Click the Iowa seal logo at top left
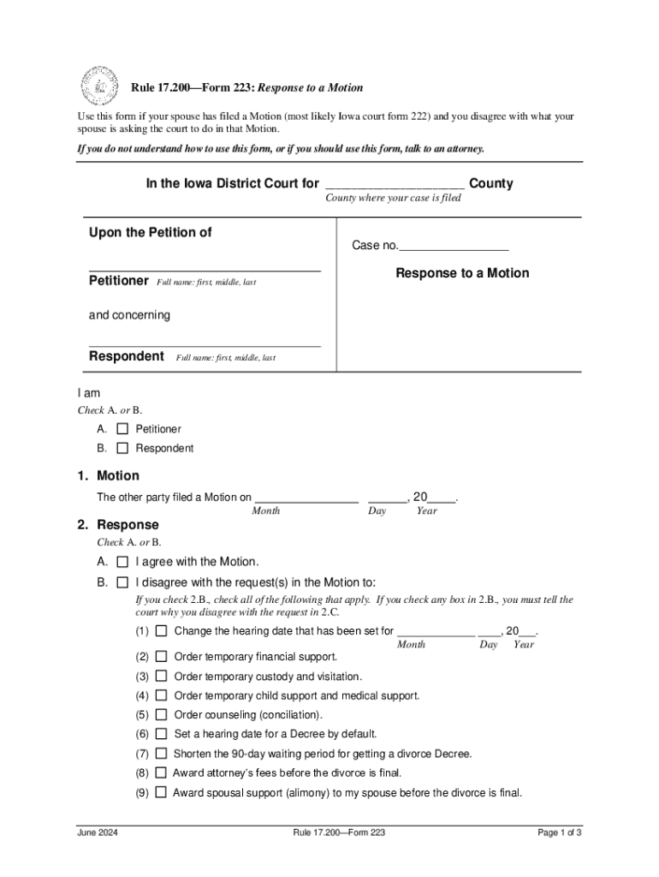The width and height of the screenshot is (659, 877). click(x=99, y=86)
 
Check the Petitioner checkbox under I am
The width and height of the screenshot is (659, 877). click(x=122, y=429)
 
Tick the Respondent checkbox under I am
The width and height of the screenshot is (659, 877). click(x=122, y=448)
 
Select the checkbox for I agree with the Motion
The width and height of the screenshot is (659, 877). click(x=122, y=562)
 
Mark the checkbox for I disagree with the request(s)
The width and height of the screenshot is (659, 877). click(x=122, y=582)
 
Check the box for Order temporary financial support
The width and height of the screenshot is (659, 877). click(x=161, y=657)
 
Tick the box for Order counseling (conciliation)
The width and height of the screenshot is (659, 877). click(x=161, y=715)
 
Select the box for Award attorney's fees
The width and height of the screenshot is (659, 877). click(x=161, y=773)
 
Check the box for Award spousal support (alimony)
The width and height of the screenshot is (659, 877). click(x=161, y=793)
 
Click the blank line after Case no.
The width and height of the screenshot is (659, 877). click(x=454, y=247)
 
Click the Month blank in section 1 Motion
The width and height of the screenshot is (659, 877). click(x=306, y=497)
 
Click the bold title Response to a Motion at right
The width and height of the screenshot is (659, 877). click(x=462, y=273)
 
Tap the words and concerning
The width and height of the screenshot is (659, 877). click(x=129, y=315)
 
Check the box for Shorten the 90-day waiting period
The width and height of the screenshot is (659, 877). click(x=161, y=754)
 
